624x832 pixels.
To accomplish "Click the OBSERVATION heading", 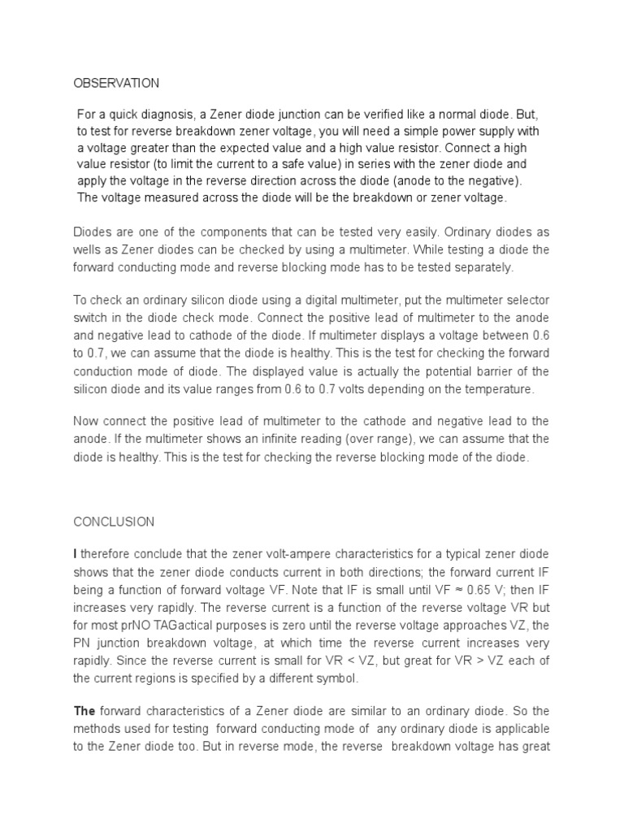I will pos(116,83).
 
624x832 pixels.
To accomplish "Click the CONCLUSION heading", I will pos(114,521).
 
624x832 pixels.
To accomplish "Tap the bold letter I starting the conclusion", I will pos(76,554).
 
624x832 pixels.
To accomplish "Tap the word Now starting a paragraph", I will pos(87,421).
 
